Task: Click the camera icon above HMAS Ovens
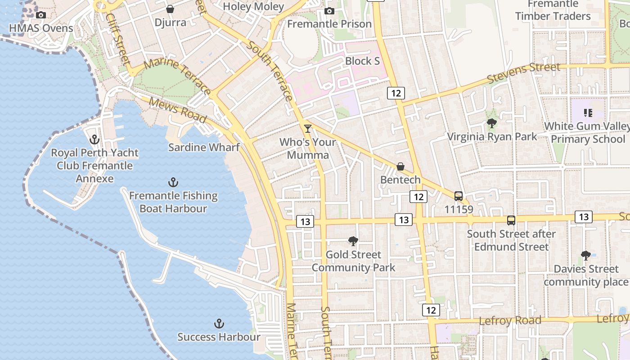41,15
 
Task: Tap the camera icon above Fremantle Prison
329,11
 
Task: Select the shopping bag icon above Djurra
170,9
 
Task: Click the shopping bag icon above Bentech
400,166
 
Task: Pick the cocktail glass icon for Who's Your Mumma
308,129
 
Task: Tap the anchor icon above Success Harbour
219,324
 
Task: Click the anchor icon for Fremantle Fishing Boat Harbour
173,182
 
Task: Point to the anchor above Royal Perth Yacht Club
94,139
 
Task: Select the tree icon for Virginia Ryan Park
492,123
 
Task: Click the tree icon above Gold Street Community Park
354,241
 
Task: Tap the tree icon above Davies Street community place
586,256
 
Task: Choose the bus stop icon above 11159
459,196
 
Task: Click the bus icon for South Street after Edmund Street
511,220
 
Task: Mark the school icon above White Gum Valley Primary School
588,112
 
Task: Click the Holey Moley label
254,6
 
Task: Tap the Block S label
363,61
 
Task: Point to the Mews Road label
177,110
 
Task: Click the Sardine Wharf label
204,147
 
